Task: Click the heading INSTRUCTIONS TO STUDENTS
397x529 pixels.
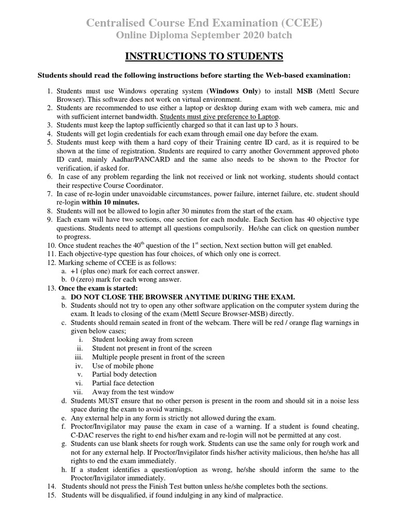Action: coord(198,56)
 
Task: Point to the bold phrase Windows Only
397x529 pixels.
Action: coord(233,91)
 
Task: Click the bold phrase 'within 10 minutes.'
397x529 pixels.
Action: coord(110,202)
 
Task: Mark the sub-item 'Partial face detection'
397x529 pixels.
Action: coord(123,383)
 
